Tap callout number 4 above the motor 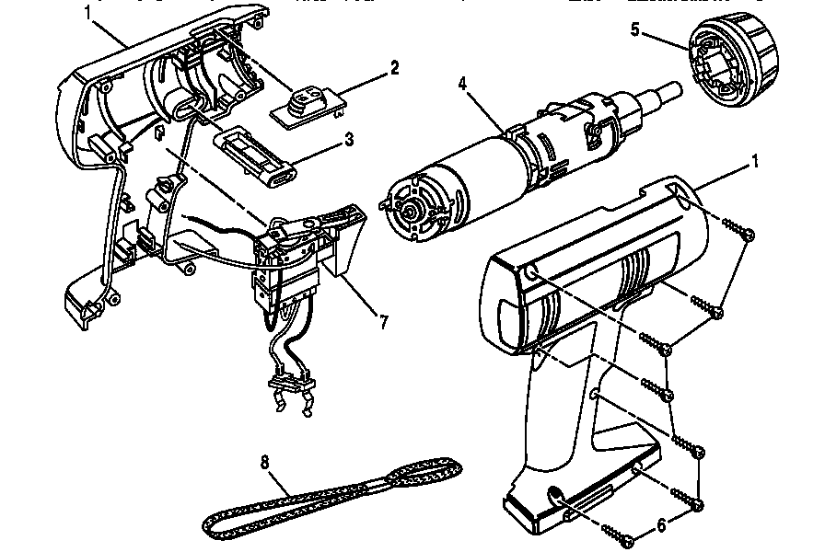coord(464,84)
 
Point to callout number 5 coord(634,29)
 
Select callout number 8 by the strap coord(266,465)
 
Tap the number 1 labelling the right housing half coord(755,163)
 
